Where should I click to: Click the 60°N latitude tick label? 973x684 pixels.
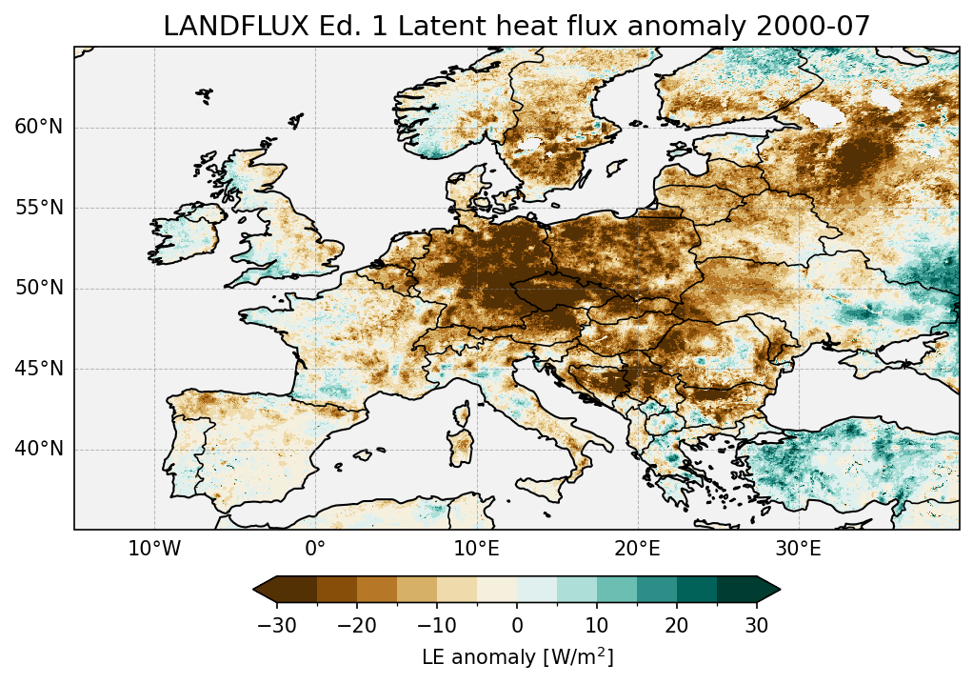[x=39, y=128]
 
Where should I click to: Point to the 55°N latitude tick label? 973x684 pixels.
[x=39, y=208]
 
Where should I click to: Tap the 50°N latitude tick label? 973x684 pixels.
[x=39, y=289]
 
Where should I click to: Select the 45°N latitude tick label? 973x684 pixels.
[x=39, y=369]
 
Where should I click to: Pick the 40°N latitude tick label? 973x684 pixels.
[x=39, y=449]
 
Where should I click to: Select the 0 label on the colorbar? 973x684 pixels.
[x=517, y=625]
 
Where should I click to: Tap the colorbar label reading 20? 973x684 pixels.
[x=677, y=625]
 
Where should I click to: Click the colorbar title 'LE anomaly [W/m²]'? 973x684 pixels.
[x=517, y=657]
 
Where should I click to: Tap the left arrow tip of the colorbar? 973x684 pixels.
[x=255, y=591]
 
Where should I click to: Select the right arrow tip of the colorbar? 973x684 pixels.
[x=779, y=591]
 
